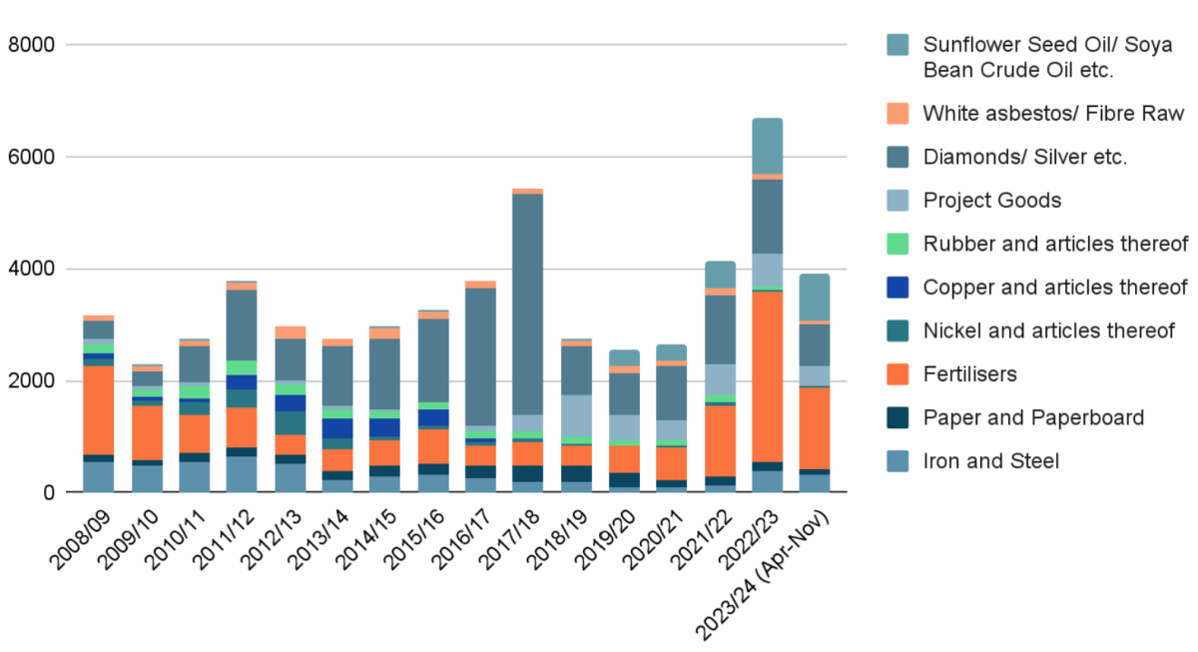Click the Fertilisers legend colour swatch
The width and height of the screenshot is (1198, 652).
point(898,374)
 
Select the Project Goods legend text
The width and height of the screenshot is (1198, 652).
point(992,201)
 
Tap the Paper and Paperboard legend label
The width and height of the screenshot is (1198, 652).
point(1033,417)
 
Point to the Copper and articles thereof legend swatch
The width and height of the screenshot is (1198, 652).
point(898,288)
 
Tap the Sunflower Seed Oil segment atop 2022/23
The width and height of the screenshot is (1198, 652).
point(767,146)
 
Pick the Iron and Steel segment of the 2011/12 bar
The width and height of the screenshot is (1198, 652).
point(242,474)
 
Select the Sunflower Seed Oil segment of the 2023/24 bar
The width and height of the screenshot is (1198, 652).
point(815,297)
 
